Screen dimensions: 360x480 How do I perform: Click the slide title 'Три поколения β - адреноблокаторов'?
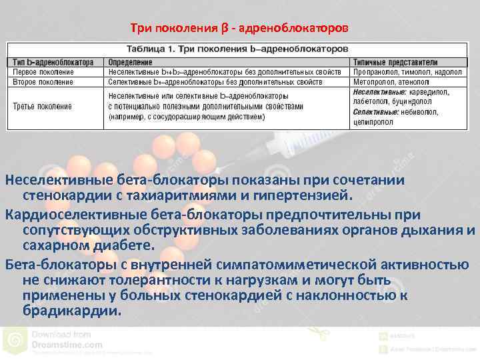[x=239, y=28]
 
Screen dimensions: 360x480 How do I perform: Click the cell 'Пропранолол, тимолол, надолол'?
[x=407, y=71]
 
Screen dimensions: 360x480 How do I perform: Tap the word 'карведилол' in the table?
[x=431, y=91]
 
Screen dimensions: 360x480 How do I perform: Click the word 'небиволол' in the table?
[x=421, y=112]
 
